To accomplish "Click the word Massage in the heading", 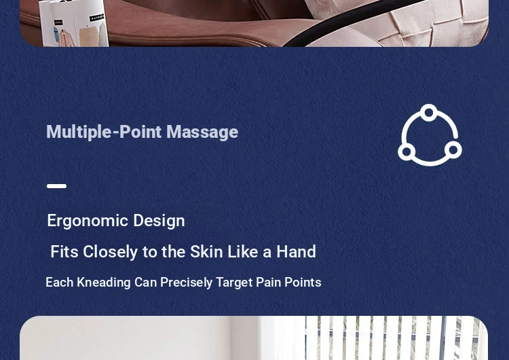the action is pos(202,132).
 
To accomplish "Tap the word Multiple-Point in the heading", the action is pos(104,132).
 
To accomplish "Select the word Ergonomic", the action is pos(88,221).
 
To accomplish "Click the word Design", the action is pos(159,221).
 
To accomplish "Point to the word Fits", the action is pos(64,251).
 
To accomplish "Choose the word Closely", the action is pos(111,252).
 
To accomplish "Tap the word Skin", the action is pos(206,251).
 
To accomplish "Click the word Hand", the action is pos(296,251).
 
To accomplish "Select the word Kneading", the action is pos(104,283).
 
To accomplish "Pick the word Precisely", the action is pos(187,283).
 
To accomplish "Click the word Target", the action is pos(234,283).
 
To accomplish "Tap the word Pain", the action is pos(269,282).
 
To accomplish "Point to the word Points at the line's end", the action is pos(303,282).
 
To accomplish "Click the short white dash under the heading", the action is pos(57,186).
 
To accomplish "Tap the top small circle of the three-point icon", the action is pos(429,113).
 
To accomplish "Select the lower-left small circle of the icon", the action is pos(407,151).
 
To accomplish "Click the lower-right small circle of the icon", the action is pos(453,150).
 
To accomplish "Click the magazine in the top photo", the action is pos(74,23).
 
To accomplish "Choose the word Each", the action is pos(60,282).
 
